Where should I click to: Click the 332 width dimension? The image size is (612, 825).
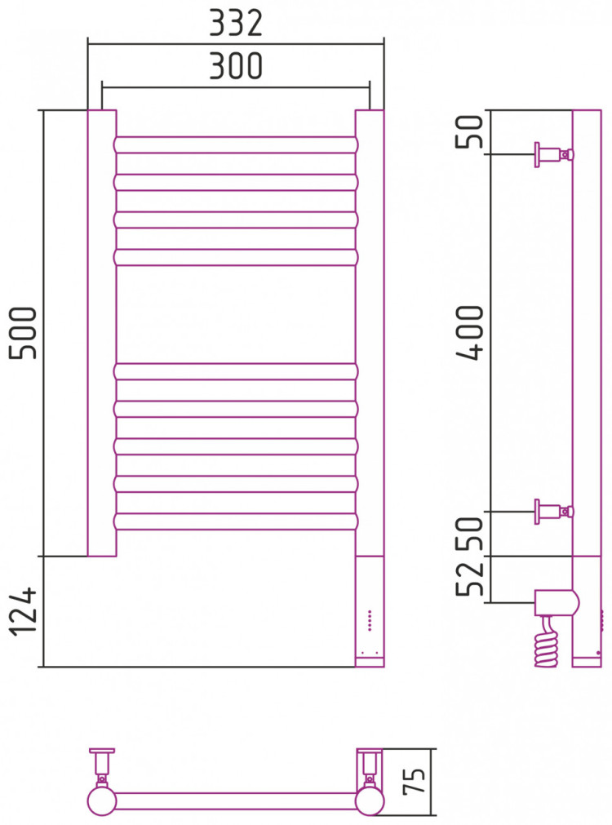[236, 24]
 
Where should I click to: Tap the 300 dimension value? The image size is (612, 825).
[236, 66]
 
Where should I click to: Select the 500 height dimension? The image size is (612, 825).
[24, 333]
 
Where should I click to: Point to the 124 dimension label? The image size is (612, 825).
[24, 611]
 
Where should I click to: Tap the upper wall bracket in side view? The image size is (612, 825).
[552, 153]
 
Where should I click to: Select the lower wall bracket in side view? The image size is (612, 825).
[552, 512]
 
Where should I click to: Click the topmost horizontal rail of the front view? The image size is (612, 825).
[237, 144]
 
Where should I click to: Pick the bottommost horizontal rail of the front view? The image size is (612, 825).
[237, 521]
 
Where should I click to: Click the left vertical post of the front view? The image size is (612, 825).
[102, 333]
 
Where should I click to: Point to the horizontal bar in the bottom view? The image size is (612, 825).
[237, 798]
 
